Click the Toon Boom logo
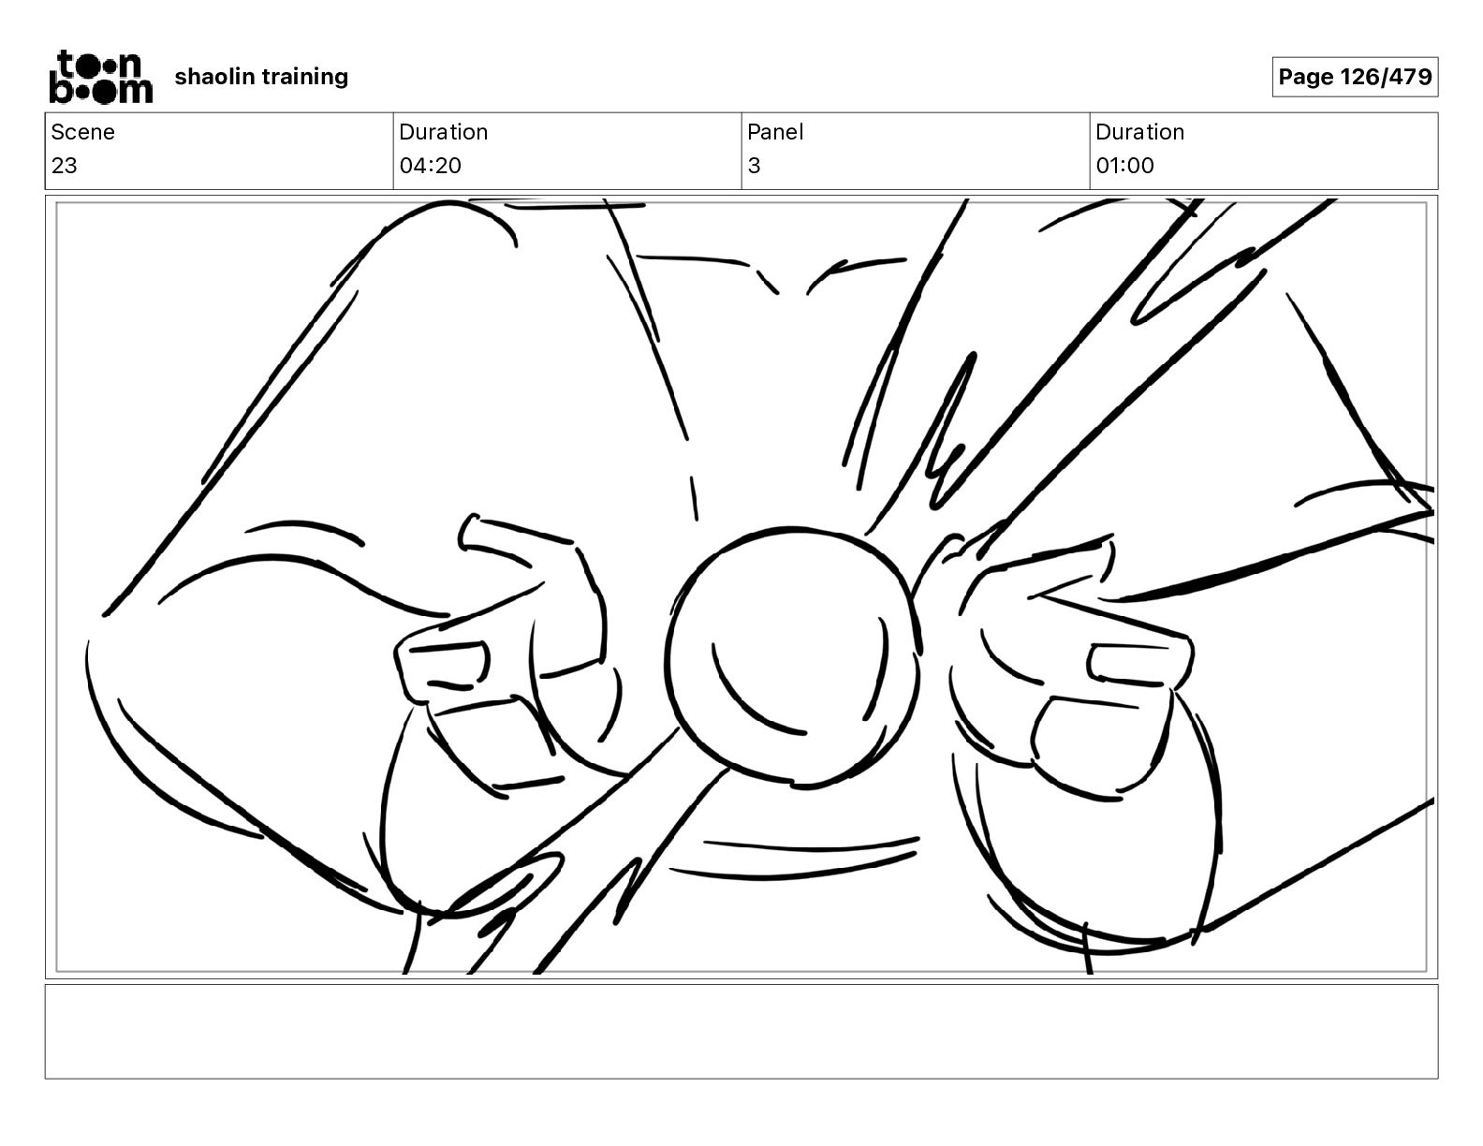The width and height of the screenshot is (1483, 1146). tap(101, 77)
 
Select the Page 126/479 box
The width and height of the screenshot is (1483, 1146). tap(1355, 77)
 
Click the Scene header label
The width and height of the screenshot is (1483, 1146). tap(82, 132)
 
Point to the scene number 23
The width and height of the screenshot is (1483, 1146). tap(65, 165)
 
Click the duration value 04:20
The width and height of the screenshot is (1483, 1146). tap(430, 165)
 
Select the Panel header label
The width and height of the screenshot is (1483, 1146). tap(775, 132)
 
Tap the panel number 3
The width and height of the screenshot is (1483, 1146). tap(754, 165)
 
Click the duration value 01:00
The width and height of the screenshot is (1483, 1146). tap(1124, 165)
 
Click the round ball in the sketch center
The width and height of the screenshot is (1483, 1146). tap(792, 656)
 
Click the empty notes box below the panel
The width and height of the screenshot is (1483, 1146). tap(741, 1032)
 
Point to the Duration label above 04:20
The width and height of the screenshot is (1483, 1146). tap(444, 132)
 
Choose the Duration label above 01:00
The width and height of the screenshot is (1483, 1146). tap(1139, 132)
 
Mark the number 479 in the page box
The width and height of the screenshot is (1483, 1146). tap(1410, 77)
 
